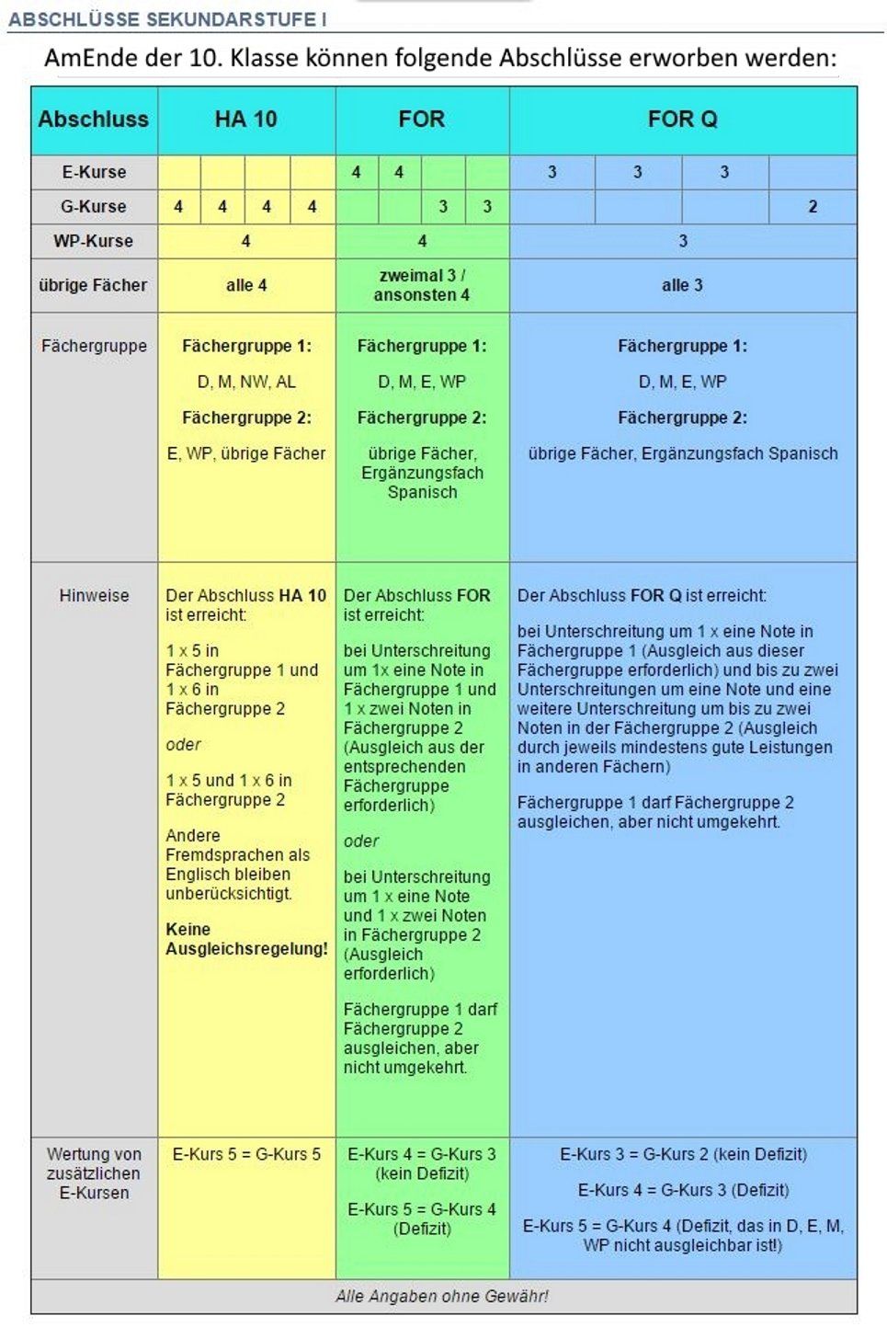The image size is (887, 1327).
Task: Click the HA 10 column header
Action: pyautogui.click(x=245, y=120)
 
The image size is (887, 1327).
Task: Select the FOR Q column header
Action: pyautogui.click(x=682, y=120)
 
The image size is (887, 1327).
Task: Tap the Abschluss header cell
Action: pyautogui.click(x=94, y=120)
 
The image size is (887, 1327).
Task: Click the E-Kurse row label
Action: pyautogui.click(x=94, y=172)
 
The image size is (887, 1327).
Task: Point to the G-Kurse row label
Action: pyautogui.click(x=94, y=207)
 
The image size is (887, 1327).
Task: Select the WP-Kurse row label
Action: pyautogui.click(x=94, y=241)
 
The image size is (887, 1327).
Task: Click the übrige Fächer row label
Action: pyautogui.click(x=94, y=285)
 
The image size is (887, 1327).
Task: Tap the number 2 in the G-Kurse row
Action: pyautogui.click(x=813, y=207)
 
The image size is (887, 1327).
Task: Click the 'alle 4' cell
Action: pyautogui.click(x=246, y=285)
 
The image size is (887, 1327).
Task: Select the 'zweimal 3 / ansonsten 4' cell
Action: pyautogui.click(x=422, y=285)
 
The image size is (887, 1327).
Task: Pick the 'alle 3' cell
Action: pyautogui.click(x=682, y=285)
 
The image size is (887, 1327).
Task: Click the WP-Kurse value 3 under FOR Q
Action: pyautogui.click(x=683, y=241)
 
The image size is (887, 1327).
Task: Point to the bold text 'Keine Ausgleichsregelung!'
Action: pyautogui.click(x=245, y=939)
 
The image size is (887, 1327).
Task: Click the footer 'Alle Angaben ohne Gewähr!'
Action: pyautogui.click(x=442, y=1297)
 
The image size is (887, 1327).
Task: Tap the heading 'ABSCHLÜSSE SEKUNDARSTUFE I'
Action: pyautogui.click(x=167, y=19)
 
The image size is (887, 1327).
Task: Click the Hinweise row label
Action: pyautogui.click(x=94, y=596)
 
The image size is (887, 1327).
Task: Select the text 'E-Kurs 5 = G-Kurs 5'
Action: pyautogui.click(x=246, y=1154)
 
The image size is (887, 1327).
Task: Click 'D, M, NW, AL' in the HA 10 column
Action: pyautogui.click(x=246, y=382)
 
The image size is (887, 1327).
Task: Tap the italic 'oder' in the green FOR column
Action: pyautogui.click(x=361, y=841)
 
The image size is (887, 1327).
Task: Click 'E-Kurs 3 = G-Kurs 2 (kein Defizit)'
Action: pyautogui.click(x=683, y=1154)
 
